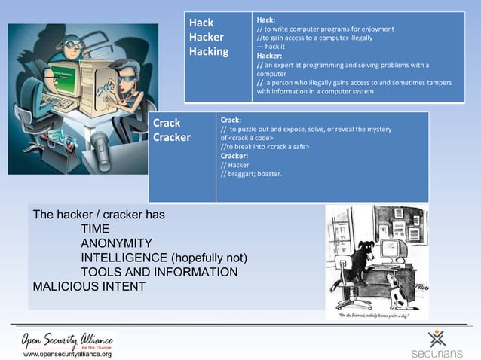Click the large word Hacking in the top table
coord(209,51)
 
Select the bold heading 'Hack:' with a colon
coord(266,20)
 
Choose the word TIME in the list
coord(95,229)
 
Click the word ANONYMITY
coord(117,243)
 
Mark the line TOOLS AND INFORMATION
coord(159,272)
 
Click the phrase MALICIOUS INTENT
coord(89,286)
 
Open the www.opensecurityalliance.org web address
coord(67,353)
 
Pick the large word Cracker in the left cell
coord(172,138)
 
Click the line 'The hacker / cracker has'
coord(99,215)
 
